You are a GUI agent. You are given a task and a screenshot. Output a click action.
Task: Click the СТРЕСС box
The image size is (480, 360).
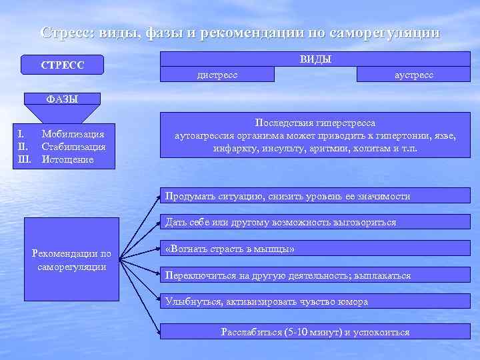(63, 65)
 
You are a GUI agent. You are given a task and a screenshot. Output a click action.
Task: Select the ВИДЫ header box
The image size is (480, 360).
(315, 59)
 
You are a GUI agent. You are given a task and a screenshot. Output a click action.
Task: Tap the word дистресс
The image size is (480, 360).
(217, 75)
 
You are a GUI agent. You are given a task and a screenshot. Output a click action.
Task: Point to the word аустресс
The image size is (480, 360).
(413, 75)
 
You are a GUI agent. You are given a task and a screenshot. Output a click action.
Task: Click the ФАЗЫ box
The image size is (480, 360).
(62, 99)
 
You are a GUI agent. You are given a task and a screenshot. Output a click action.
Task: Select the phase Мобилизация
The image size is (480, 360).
(73, 135)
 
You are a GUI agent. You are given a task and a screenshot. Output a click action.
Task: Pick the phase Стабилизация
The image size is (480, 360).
(73, 147)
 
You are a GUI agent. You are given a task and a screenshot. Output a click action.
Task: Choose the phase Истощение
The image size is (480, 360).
(67, 159)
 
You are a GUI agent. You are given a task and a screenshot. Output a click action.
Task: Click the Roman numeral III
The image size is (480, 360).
(25, 159)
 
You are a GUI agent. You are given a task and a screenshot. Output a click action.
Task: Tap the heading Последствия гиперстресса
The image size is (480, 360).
(315, 123)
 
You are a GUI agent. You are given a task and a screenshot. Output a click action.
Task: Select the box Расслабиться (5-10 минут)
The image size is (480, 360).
(315, 332)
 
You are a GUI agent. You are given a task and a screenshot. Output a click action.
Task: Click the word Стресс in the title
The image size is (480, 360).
(64, 33)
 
